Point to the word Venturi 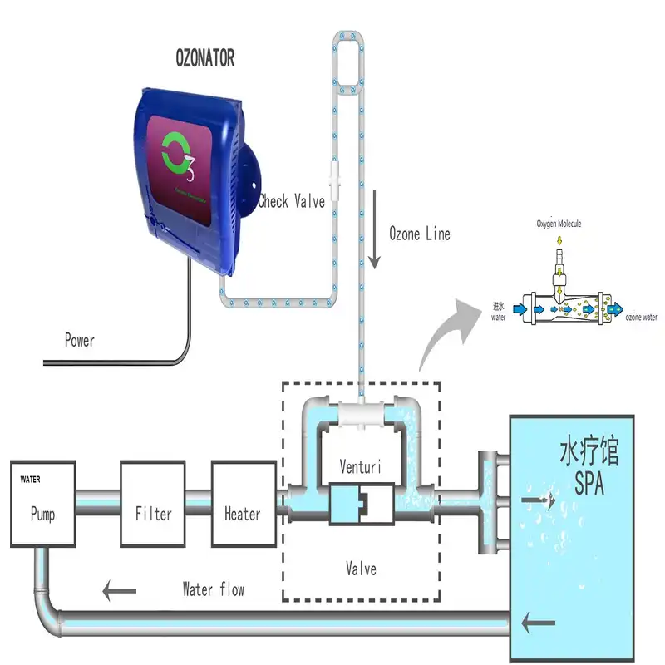tap(360, 467)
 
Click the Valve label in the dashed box tap(361, 569)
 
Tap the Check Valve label tap(291, 201)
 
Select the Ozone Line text tap(420, 234)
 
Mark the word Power tap(80, 340)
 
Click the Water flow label tap(214, 589)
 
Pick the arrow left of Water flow tap(120, 592)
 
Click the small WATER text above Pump tap(30, 480)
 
